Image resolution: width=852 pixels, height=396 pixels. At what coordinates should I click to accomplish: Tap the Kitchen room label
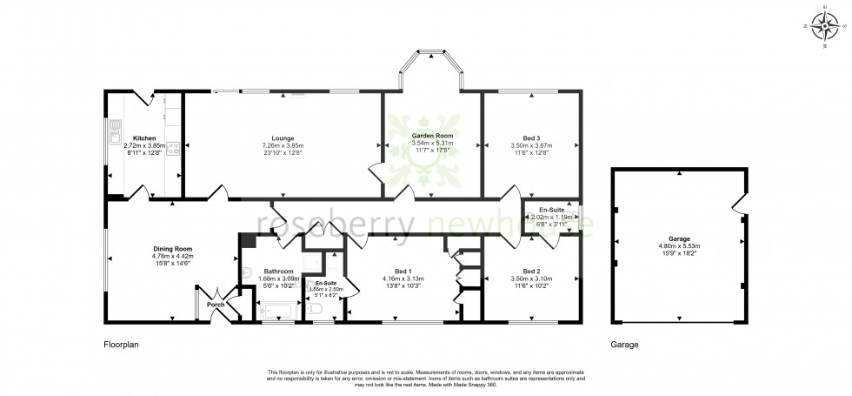[144, 138]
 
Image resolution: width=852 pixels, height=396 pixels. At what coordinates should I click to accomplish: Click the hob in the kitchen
[173, 148]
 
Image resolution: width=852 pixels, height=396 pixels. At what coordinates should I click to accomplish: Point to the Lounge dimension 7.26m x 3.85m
[282, 145]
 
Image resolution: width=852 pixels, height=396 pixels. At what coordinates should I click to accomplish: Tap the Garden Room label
[432, 136]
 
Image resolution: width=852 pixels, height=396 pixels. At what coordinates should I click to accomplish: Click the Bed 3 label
[531, 138]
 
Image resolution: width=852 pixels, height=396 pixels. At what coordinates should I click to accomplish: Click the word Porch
[214, 305]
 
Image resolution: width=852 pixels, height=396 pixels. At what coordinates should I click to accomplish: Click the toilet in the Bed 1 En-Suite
[316, 309]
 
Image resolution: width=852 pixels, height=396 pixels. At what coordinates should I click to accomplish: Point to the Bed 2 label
[531, 272]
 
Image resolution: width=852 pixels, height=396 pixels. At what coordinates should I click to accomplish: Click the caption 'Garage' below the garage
[624, 345]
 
